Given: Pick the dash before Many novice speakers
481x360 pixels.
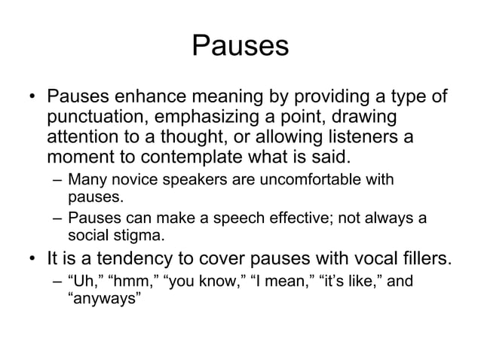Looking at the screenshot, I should pos(57,181).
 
